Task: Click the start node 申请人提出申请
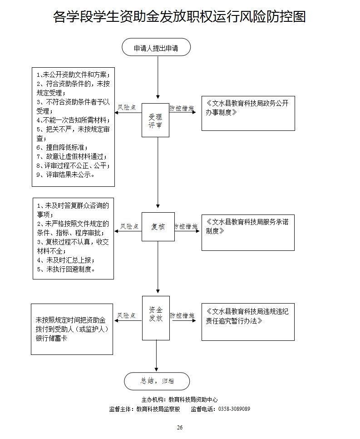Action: coord(156,48)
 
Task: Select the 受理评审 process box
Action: coord(155,120)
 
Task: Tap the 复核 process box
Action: coord(158,226)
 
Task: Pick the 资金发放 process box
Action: coord(156,318)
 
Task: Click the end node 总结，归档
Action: coord(157,381)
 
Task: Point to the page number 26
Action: coord(180,427)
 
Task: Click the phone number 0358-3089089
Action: coord(234,409)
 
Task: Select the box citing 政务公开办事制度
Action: coord(248,113)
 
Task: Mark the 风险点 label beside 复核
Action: coord(129,226)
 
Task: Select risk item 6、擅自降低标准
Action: coord(62,147)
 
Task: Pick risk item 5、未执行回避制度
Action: coord(66,269)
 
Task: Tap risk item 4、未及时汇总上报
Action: coord(66,260)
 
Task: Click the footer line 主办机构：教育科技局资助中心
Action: coord(179,399)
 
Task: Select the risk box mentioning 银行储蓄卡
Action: coord(72,329)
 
